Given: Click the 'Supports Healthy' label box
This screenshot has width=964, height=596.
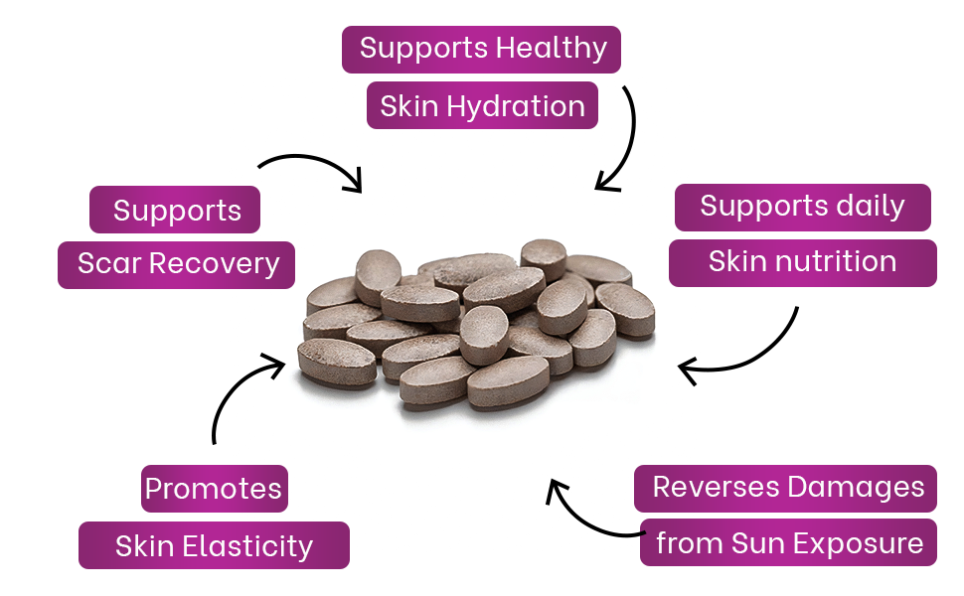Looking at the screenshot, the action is [x=481, y=49].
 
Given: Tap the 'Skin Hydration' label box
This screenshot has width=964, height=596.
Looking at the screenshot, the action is [x=482, y=106].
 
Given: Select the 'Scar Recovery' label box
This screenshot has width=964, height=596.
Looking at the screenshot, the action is [x=176, y=264].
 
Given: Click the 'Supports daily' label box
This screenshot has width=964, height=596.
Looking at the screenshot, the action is [x=802, y=207].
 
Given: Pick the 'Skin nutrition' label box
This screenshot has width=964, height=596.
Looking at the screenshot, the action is [x=802, y=262].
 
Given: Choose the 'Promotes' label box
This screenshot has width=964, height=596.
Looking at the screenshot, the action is [x=214, y=489].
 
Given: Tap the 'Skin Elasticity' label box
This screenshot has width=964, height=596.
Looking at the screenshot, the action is [x=214, y=545].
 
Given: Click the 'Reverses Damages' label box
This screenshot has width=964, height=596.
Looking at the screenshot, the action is [x=787, y=488].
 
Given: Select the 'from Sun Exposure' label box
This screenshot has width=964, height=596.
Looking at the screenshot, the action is [x=788, y=543].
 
